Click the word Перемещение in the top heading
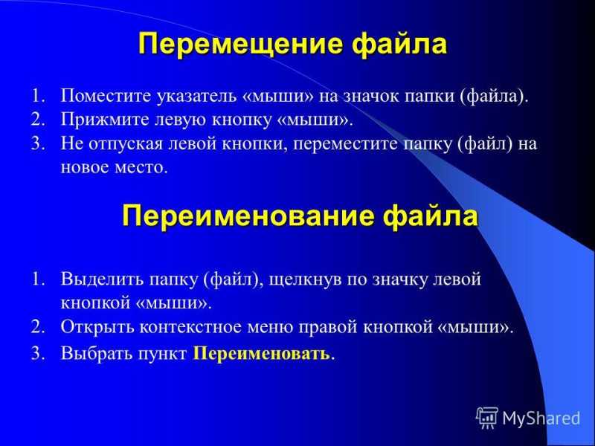[240, 45]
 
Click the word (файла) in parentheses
[493, 97]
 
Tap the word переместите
[345, 144]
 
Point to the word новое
[85, 168]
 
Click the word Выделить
[102, 279]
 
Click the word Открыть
[97, 327]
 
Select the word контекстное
[190, 328]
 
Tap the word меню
[271, 328]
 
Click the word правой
[328, 328]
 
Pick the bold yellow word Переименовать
[262, 354]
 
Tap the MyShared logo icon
[486, 418]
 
